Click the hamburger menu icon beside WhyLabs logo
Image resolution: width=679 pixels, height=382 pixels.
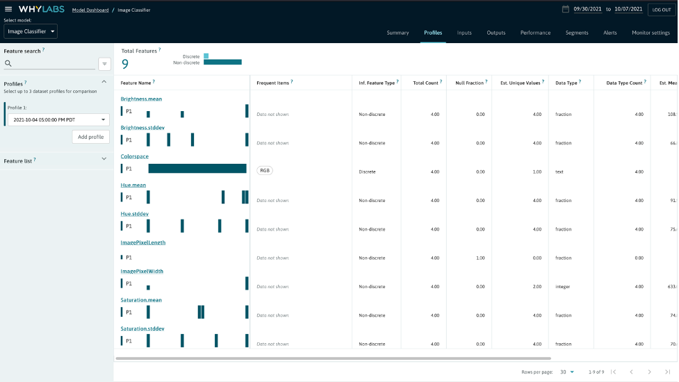(x=8, y=9)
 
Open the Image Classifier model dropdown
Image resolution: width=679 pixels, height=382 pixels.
(x=31, y=31)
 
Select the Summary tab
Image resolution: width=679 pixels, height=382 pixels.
(x=398, y=33)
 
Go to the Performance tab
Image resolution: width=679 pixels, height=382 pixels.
(x=535, y=33)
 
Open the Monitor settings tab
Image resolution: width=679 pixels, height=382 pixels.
(x=651, y=33)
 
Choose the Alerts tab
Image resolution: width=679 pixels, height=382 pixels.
(x=610, y=33)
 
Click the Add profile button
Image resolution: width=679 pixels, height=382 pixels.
(x=90, y=137)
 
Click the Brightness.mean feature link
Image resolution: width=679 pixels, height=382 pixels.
(x=141, y=99)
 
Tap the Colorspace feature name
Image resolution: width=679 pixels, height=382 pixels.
(x=135, y=157)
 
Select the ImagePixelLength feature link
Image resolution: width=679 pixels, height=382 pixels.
(x=143, y=243)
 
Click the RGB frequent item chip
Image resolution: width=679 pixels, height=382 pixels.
(x=265, y=170)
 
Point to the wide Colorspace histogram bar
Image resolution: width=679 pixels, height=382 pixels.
(x=197, y=169)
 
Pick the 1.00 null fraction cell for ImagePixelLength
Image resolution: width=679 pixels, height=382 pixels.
(x=480, y=258)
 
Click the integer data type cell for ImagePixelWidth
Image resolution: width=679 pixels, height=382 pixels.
(x=563, y=286)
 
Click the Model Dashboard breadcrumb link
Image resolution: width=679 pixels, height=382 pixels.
(x=90, y=10)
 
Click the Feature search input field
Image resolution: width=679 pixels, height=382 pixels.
(x=50, y=64)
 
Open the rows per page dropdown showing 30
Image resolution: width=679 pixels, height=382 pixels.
(x=567, y=372)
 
